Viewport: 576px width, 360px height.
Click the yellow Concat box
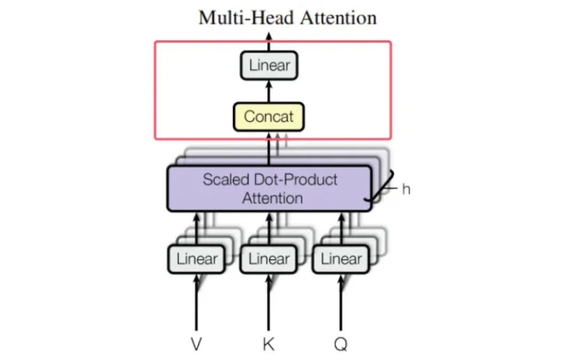point(269,117)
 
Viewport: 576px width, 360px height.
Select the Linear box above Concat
point(269,66)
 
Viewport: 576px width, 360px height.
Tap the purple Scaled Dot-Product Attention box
point(269,188)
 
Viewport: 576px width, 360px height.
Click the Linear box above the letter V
point(196,259)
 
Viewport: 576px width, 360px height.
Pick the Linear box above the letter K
point(268,259)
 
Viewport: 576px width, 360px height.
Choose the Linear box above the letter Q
point(341,259)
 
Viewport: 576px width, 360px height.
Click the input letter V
point(196,345)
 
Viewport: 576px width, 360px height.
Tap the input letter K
point(268,345)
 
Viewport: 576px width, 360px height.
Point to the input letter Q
point(341,345)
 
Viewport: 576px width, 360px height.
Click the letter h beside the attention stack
point(406,189)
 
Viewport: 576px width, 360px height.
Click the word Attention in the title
point(338,18)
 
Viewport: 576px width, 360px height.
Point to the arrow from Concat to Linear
point(269,91)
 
